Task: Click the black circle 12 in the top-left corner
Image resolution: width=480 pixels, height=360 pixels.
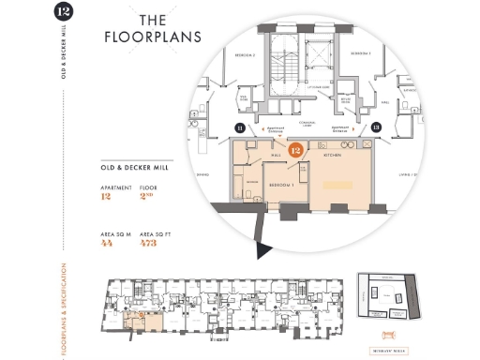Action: coord(63,13)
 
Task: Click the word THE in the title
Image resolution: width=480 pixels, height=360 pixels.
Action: coord(154,20)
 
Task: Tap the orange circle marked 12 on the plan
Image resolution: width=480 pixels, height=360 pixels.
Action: coord(295,149)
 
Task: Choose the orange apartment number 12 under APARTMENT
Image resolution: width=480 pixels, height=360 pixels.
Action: coord(105,197)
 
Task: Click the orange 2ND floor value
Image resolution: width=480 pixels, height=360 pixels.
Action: coord(146,197)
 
